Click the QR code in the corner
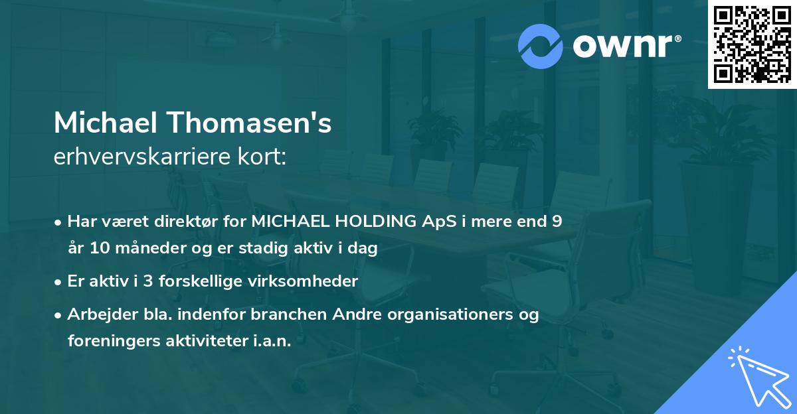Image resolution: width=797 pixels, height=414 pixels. tap(752, 44)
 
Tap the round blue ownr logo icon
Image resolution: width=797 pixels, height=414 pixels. tap(541, 46)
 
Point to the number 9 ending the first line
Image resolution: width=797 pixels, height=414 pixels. tap(557, 222)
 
